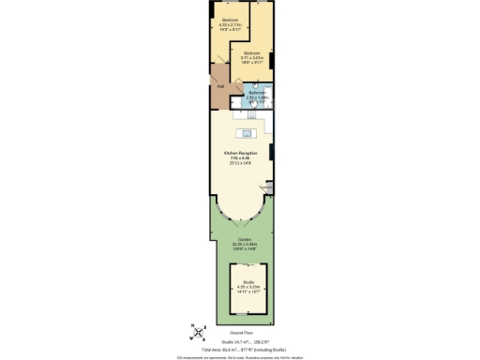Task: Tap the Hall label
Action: tap(220, 87)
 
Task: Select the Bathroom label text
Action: tap(257, 92)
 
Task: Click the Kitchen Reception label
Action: tap(240, 153)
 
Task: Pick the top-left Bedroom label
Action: tap(229, 19)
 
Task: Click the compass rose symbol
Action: tap(198, 330)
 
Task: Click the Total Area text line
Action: tap(240, 349)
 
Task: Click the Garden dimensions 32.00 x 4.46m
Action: tap(240, 246)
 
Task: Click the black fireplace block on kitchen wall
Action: tap(272, 151)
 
